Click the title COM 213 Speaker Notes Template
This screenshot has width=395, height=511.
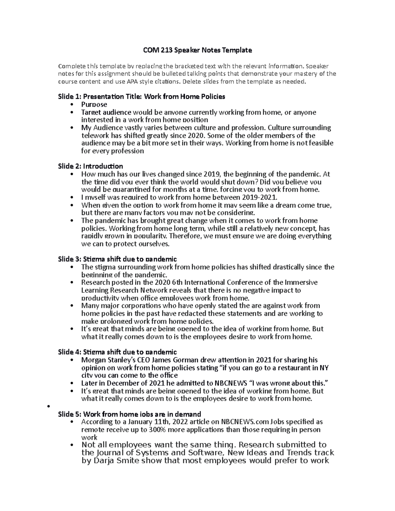point(197,50)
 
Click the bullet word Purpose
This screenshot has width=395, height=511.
point(94,104)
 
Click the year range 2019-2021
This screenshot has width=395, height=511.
point(259,197)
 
